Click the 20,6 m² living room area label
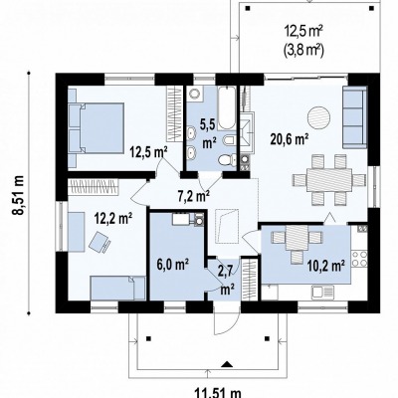[x=290, y=139]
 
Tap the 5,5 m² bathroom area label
[x=209, y=133]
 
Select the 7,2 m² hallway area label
[x=194, y=196]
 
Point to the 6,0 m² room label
[x=172, y=265]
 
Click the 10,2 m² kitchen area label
[x=325, y=265]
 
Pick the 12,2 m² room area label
[x=113, y=219]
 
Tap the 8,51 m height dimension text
[x=19, y=195]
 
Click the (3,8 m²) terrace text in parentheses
[x=303, y=51]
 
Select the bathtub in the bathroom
[x=227, y=108]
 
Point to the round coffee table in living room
[x=319, y=117]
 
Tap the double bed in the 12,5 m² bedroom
[x=97, y=127]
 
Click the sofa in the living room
[x=354, y=116]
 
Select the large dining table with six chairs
[x=329, y=179]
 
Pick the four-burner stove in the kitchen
[x=359, y=259]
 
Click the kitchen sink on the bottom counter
[x=322, y=293]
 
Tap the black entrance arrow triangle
[x=227, y=364]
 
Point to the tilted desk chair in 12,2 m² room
[x=99, y=242]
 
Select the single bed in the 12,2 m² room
[x=118, y=289]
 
